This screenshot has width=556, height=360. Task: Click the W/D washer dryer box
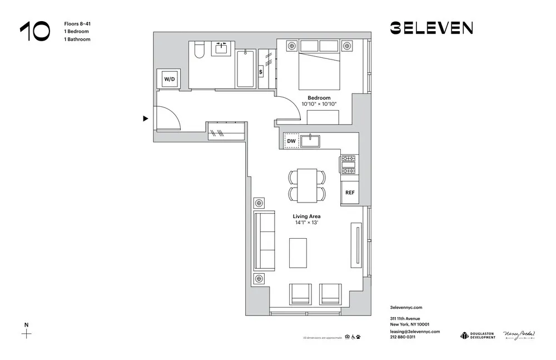coord(169,79)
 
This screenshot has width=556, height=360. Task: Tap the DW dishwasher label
coord(291,141)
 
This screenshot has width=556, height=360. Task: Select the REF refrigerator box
coord(350,193)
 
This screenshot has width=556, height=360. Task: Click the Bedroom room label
coord(319,98)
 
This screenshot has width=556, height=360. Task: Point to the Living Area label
coord(307,216)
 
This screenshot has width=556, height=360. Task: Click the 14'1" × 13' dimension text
coord(307,223)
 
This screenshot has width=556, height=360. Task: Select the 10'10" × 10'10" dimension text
coord(319,104)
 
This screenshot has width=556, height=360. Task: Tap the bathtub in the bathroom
coord(246,68)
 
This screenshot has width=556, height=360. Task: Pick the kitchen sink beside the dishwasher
coord(310,141)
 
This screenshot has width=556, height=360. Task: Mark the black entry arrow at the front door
coord(146,119)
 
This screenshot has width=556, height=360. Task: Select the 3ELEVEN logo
coord(431,28)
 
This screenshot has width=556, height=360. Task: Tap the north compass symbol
coord(26,334)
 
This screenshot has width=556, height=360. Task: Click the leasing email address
coord(415,331)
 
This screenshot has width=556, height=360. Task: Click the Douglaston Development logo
coord(478,335)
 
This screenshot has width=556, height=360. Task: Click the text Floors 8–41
coord(76,24)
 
